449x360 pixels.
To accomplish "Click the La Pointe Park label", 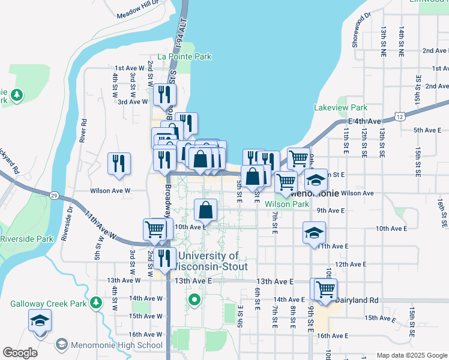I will (184, 57).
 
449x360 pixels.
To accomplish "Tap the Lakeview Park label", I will (340, 108).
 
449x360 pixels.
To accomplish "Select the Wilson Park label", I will (287, 204).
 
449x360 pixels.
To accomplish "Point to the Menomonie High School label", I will (116, 345).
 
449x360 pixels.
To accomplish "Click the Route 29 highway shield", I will (53, 196).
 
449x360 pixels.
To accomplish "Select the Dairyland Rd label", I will (357, 299).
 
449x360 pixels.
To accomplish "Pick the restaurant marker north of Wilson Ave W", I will (119, 163).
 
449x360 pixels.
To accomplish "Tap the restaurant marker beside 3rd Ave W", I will (163, 94).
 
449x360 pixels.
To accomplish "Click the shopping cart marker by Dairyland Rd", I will (325, 289).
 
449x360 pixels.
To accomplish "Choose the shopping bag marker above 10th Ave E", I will (206, 209).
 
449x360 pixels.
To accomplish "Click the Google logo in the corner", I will (20, 353).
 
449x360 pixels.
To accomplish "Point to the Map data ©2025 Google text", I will (411, 355).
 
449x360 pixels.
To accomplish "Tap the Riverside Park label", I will (27, 239).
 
